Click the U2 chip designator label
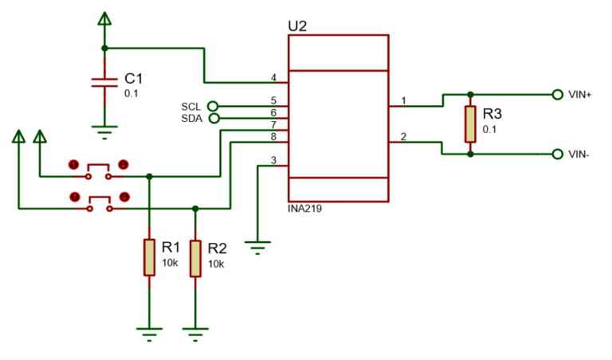click(297, 25)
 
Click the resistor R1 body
click(149, 256)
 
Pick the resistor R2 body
click(195, 256)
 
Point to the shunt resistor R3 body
click(470, 123)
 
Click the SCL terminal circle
click(213, 106)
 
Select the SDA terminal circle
click(213, 118)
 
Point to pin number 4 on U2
click(273, 78)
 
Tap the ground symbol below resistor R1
click(149, 333)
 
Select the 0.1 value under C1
click(131, 93)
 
